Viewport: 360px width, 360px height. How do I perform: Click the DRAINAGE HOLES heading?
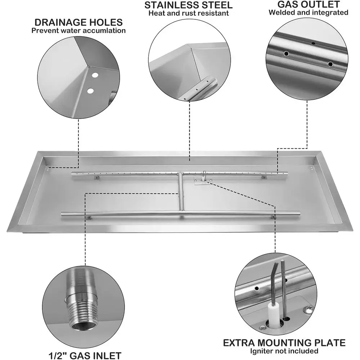pyautogui.click(x=78, y=22)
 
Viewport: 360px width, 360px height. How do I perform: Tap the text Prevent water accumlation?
pyautogui.click(x=78, y=31)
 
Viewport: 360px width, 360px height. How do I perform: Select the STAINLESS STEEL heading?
pyautogui.click(x=188, y=5)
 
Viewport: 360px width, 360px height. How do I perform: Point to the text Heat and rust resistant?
pyautogui.click(x=188, y=14)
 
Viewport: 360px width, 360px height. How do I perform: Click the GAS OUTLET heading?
pyautogui.click(x=309, y=4)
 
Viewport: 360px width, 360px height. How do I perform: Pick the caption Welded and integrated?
pyautogui.click(x=309, y=13)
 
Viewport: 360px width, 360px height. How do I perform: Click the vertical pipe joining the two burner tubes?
pyautogui.click(x=180, y=193)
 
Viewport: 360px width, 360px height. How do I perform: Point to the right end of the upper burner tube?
pyautogui.click(x=286, y=174)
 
